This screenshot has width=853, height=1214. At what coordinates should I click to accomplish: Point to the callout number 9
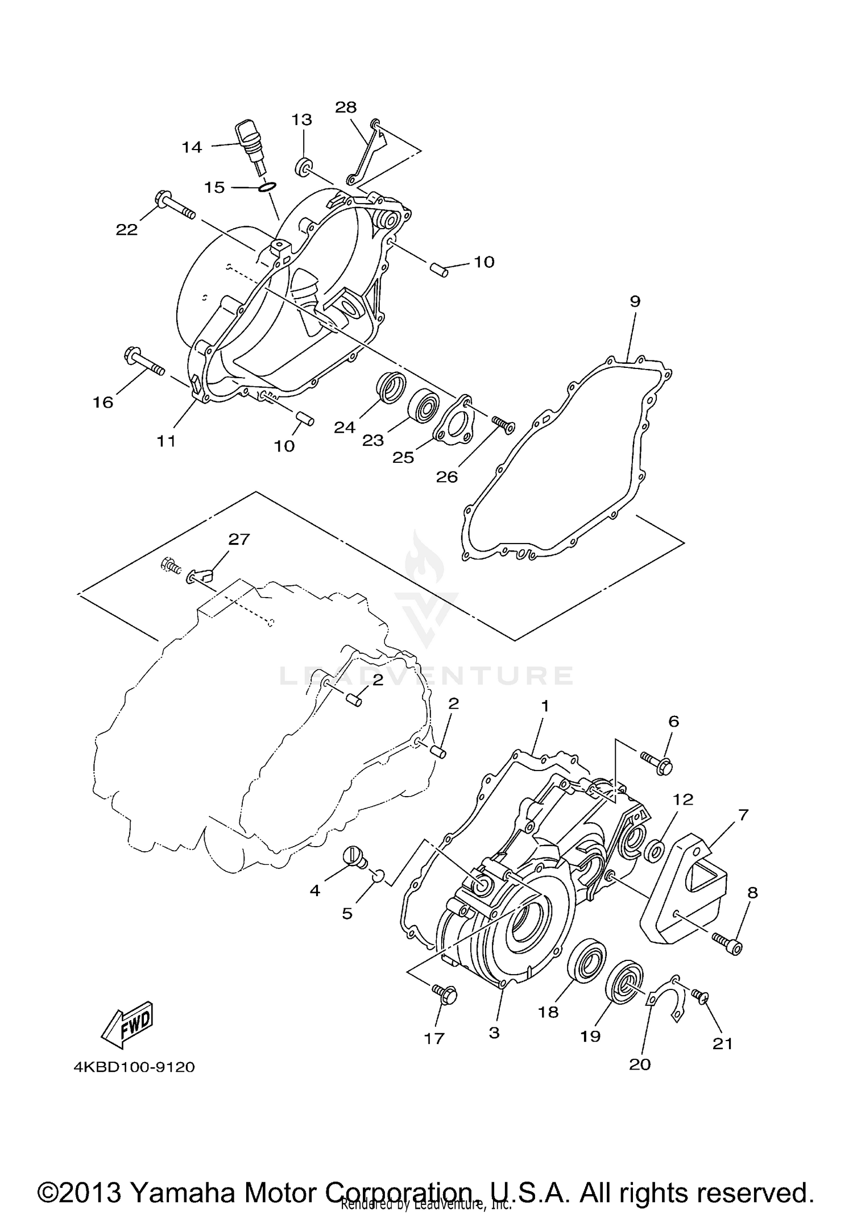[635, 301]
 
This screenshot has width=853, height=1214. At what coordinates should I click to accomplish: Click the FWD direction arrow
[129, 1024]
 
